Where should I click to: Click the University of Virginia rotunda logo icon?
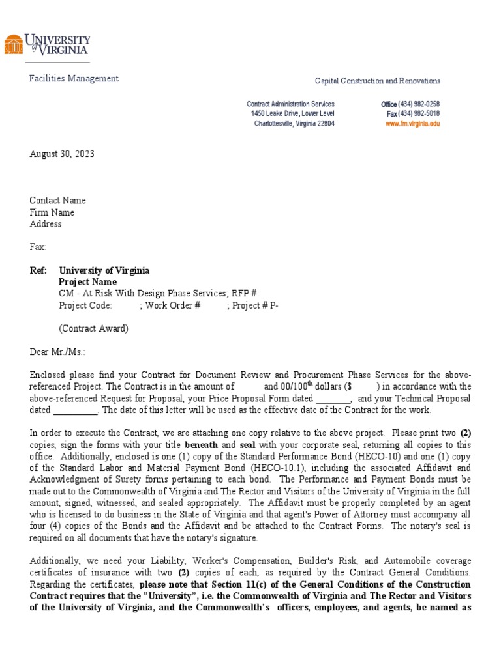point(13,44)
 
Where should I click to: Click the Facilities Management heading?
point(74,79)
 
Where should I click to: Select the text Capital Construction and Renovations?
point(377,81)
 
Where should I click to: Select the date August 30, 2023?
point(62,154)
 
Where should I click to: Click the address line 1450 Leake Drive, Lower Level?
point(292,114)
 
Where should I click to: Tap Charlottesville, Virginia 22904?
point(294,124)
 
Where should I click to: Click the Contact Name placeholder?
point(57,201)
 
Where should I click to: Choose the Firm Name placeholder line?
point(52,212)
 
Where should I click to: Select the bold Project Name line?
point(88,282)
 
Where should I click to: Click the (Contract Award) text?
point(93,328)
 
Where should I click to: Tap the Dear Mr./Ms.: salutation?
point(57,352)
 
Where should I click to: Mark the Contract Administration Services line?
point(290,104)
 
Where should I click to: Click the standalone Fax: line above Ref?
point(38,248)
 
